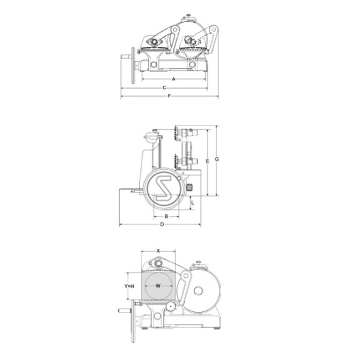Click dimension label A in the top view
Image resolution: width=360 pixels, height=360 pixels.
click(x=173, y=79)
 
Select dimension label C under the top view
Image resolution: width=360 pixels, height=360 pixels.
click(x=164, y=88)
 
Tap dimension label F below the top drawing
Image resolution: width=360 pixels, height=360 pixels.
click(x=169, y=96)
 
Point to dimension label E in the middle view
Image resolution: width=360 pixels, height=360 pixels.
click(x=208, y=161)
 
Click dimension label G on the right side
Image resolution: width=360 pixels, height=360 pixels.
click(x=217, y=159)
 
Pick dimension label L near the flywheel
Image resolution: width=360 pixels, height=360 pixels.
click(x=193, y=203)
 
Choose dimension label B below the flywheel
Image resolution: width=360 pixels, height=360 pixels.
click(x=166, y=216)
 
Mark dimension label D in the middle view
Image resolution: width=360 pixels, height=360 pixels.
click(x=162, y=224)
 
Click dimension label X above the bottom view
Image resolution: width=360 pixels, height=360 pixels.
click(x=158, y=251)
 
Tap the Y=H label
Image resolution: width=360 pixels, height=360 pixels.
click(x=129, y=286)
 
